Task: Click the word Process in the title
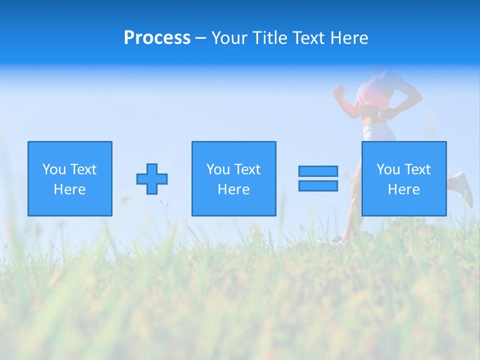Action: click(157, 38)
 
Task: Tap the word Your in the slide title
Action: click(230, 38)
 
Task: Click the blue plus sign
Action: click(152, 179)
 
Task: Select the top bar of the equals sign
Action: click(318, 171)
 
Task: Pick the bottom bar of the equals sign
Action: click(318, 185)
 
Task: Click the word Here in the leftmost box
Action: click(69, 189)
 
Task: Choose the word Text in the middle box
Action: click(247, 169)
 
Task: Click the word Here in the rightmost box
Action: click(403, 189)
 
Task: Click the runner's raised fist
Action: click(339, 90)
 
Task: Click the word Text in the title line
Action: click(305, 38)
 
